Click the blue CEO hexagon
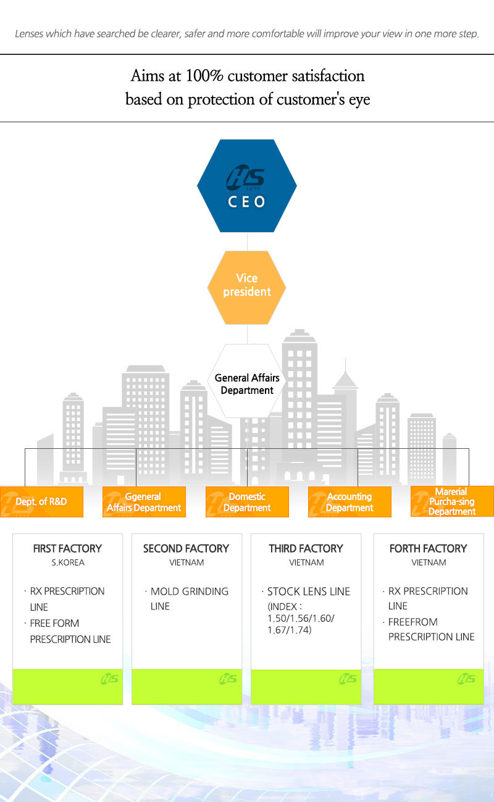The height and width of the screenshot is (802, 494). pyautogui.click(x=247, y=185)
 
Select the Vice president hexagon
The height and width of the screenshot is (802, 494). pyautogui.click(x=246, y=288)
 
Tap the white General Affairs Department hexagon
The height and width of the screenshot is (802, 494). pyautogui.click(x=246, y=381)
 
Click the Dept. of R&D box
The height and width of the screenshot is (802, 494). pyautogui.click(x=41, y=501)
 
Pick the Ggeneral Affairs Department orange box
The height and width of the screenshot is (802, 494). pyautogui.click(x=144, y=501)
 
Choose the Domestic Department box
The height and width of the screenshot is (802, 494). pyautogui.click(x=247, y=501)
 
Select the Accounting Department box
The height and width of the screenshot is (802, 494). pyautogui.click(x=350, y=501)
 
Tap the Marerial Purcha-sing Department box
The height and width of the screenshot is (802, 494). pyautogui.click(x=452, y=501)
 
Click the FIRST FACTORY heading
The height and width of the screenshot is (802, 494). pyautogui.click(x=68, y=548)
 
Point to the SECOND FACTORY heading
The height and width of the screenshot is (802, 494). pyautogui.click(x=186, y=548)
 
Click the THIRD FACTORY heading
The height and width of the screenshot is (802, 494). pyautogui.click(x=306, y=548)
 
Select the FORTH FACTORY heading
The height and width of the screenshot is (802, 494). pyautogui.click(x=429, y=548)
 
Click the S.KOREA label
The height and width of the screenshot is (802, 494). pyautogui.click(x=68, y=562)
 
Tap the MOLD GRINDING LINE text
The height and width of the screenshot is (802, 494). pyautogui.click(x=190, y=599)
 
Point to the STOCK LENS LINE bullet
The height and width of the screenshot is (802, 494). pyautogui.click(x=309, y=591)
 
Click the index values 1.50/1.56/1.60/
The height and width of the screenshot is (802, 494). pyautogui.click(x=301, y=619)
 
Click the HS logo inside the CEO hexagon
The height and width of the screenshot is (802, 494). pyautogui.click(x=246, y=178)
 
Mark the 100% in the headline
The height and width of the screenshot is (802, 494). pyautogui.click(x=204, y=76)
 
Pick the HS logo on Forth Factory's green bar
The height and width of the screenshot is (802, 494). pyautogui.click(x=466, y=679)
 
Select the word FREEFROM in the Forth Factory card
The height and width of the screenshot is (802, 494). pyautogui.click(x=412, y=622)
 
